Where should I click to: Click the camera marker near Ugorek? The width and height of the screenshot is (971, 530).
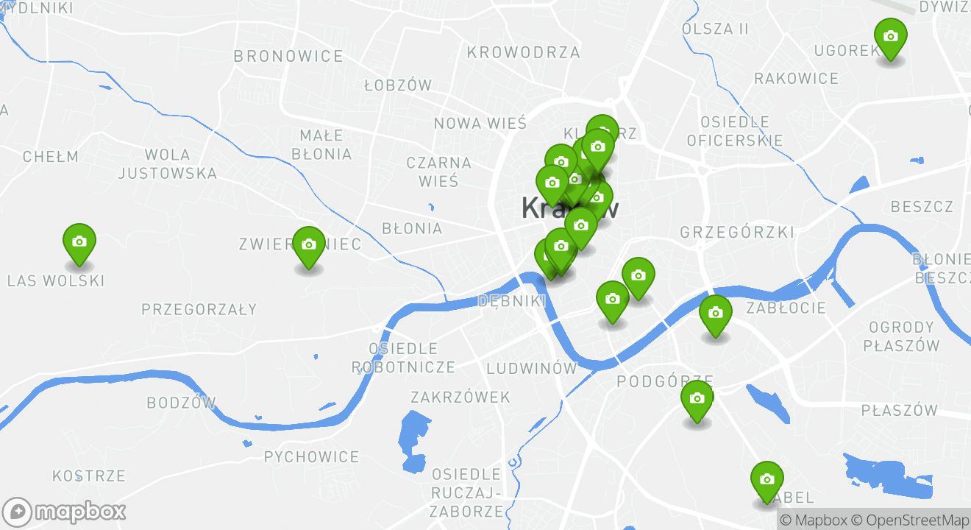point(890,36)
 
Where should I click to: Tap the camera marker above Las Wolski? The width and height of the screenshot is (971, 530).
point(79,241)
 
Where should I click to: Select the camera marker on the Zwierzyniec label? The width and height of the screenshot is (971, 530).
point(309,245)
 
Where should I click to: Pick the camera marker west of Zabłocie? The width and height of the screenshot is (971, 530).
point(715,313)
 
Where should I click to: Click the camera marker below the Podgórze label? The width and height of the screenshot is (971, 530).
point(697,399)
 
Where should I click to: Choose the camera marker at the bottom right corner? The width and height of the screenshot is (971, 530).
point(767,479)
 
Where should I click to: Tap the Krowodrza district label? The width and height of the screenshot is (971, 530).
point(523,52)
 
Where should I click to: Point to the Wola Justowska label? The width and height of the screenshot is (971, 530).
point(168,164)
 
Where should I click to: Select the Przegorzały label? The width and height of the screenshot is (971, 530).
point(199,309)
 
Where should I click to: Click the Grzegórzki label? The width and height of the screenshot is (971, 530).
point(737,233)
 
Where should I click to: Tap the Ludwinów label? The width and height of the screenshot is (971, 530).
point(532,367)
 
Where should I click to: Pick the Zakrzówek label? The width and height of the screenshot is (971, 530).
point(460,397)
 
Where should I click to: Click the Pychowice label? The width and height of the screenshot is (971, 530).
point(312,457)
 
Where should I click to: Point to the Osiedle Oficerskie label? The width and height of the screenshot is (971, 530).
point(735,131)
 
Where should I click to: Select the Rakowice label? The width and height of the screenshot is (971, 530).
point(796,78)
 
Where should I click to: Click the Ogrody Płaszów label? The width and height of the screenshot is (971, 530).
point(902,336)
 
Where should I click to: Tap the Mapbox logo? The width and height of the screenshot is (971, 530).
point(64,512)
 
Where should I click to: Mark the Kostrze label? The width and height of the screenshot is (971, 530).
point(89,476)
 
